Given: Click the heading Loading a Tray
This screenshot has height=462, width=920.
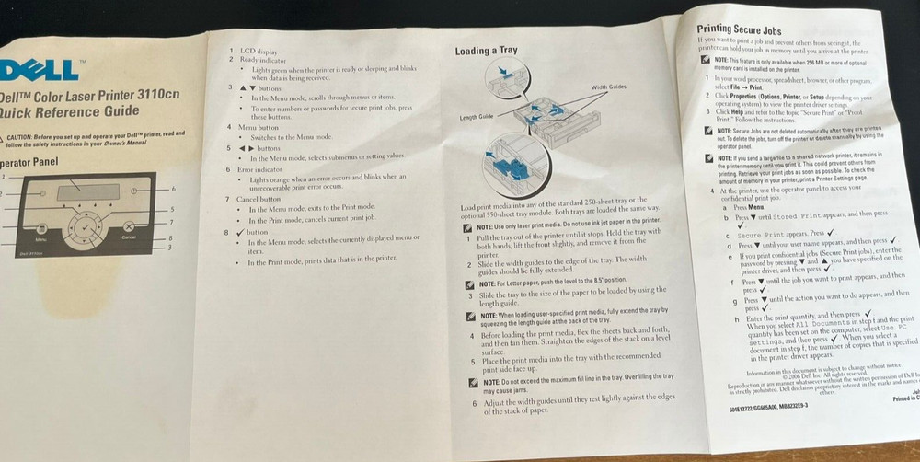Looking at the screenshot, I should click(486, 52).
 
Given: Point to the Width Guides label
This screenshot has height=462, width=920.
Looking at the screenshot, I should click(608, 86).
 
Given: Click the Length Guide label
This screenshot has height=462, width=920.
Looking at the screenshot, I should click(477, 118).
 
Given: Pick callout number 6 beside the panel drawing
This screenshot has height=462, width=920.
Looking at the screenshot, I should click(172, 189).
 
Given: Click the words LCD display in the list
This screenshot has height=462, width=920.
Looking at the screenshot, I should click(257, 50).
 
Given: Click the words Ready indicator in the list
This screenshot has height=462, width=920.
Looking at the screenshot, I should click(262, 59).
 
